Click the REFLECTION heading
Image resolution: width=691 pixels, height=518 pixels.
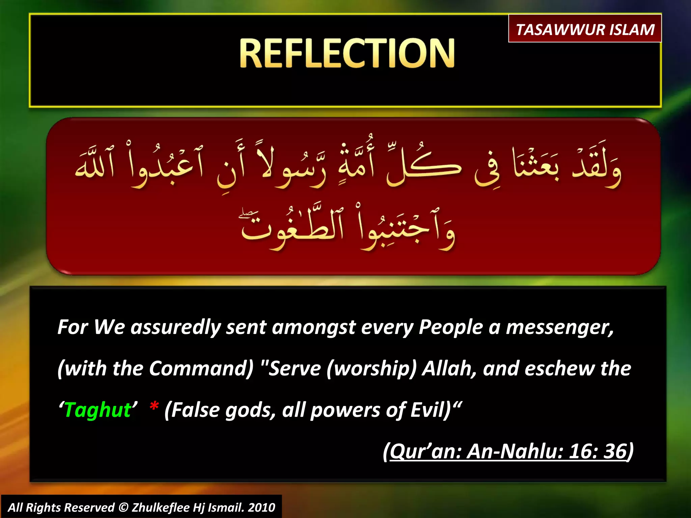(x=347, y=53)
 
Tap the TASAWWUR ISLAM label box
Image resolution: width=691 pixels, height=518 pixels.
(x=585, y=29)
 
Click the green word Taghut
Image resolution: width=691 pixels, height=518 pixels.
(x=98, y=410)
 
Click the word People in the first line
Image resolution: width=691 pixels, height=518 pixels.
(x=451, y=327)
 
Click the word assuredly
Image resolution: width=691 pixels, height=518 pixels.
(x=175, y=327)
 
